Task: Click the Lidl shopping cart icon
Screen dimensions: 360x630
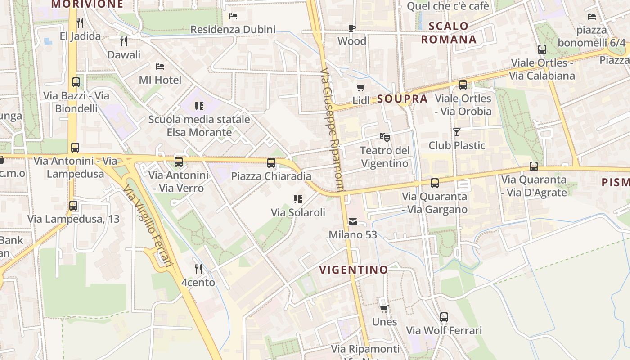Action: click(x=360, y=87)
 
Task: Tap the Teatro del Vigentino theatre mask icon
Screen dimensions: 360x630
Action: click(x=384, y=136)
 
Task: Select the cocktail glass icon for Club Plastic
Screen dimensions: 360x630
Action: click(x=457, y=132)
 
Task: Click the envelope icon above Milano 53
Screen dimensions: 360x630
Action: click(x=353, y=221)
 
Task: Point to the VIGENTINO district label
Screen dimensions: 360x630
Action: click(x=354, y=270)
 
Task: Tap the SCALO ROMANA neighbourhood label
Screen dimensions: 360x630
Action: click(x=449, y=32)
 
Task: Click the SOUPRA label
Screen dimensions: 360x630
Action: click(x=402, y=99)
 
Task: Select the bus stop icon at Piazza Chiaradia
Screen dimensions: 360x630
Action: click(x=271, y=163)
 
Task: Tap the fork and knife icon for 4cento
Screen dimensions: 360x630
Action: click(x=198, y=269)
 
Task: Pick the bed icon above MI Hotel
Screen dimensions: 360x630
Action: click(x=160, y=67)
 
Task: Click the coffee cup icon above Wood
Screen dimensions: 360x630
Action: click(x=352, y=28)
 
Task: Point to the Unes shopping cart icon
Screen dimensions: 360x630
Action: click(x=384, y=309)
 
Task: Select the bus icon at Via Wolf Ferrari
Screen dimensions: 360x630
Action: click(x=444, y=317)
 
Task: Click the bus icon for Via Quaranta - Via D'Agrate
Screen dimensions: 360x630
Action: click(x=534, y=166)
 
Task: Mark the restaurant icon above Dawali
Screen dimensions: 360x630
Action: click(x=124, y=41)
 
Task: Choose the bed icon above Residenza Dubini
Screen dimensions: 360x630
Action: click(x=233, y=16)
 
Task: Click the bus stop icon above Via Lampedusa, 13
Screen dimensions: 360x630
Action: click(x=73, y=206)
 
